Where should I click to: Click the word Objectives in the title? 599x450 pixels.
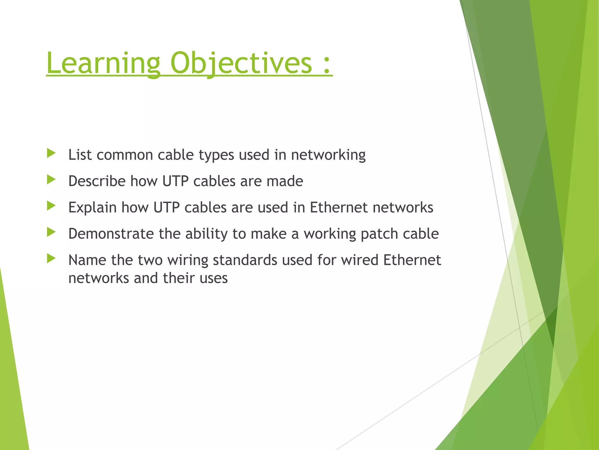[241, 63]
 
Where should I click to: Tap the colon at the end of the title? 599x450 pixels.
[327, 65]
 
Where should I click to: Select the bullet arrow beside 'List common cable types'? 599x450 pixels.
[51, 153]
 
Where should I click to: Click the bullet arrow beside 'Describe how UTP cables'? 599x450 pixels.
[51, 180]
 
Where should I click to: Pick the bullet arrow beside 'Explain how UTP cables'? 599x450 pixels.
[51, 206]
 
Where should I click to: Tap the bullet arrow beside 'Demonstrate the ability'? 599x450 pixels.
[51, 232]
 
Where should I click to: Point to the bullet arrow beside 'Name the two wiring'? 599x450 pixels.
[51, 258]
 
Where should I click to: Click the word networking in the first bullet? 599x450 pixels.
[328, 155]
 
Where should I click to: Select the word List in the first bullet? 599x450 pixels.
[80, 154]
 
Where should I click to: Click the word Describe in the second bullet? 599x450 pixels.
[97, 181]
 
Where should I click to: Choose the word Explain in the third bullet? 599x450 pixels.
[92, 208]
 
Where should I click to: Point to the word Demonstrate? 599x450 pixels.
[111, 234]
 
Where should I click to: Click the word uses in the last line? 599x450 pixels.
[214, 278]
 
